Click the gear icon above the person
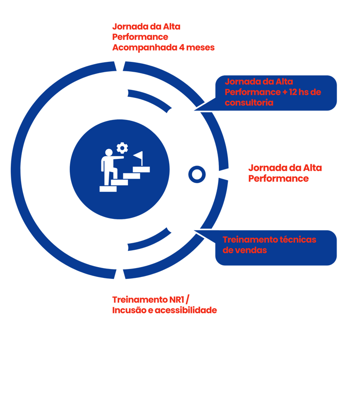122,148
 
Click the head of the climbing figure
109,153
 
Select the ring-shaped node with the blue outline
196,174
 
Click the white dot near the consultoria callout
175,116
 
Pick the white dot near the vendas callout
175,224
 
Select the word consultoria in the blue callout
249,102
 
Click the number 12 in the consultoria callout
294,92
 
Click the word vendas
251,250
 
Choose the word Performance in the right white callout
278,179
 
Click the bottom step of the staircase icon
108,189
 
